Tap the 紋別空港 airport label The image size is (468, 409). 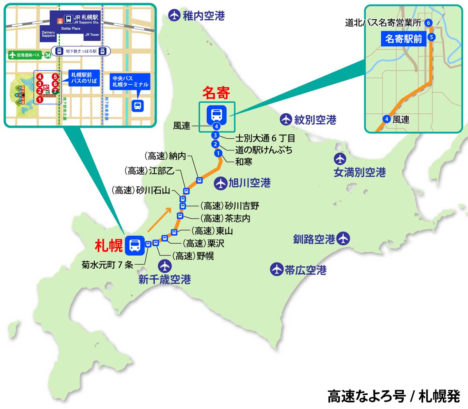click(315, 120)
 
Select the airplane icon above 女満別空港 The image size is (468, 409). click(340, 159)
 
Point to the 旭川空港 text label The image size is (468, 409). click(250, 183)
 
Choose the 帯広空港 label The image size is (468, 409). click(305, 270)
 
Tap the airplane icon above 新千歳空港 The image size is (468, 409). click(165, 266)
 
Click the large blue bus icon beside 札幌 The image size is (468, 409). click(135, 245)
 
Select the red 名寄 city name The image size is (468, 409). click(216, 93)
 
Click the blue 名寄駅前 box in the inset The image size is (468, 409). click(404, 39)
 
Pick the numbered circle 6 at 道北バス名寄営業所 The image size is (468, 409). click(428, 23)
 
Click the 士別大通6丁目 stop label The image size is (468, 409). click(265, 138)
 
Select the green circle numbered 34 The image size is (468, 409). click(48, 55)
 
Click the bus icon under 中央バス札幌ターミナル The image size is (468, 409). click(138, 106)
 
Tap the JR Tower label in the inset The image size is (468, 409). click(92, 35)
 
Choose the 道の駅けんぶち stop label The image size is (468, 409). click(264, 150)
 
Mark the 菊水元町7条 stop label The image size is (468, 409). click(107, 264)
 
